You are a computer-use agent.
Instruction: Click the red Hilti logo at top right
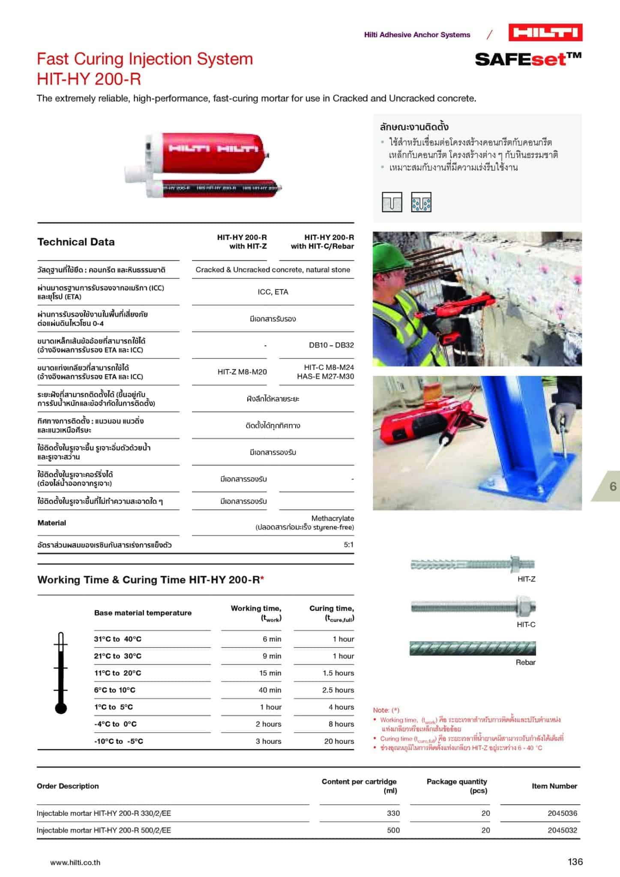click(545, 33)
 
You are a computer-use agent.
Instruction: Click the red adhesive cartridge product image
click(204, 166)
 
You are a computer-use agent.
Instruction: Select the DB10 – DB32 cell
click(331, 345)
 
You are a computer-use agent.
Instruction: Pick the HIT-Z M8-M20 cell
click(242, 372)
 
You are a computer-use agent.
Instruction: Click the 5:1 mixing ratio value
click(348, 545)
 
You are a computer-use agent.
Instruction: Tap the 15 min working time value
click(270, 673)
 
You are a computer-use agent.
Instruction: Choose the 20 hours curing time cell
click(339, 741)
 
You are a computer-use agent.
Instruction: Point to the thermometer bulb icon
click(61, 708)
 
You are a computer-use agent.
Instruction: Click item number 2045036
click(562, 813)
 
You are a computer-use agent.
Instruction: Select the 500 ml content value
click(393, 830)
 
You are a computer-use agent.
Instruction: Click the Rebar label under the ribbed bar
click(525, 662)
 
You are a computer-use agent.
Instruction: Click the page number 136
click(575, 862)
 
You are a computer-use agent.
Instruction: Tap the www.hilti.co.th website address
click(75, 862)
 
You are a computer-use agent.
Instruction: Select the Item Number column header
click(554, 786)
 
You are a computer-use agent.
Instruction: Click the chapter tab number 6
click(613, 486)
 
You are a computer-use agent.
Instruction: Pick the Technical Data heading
click(76, 242)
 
